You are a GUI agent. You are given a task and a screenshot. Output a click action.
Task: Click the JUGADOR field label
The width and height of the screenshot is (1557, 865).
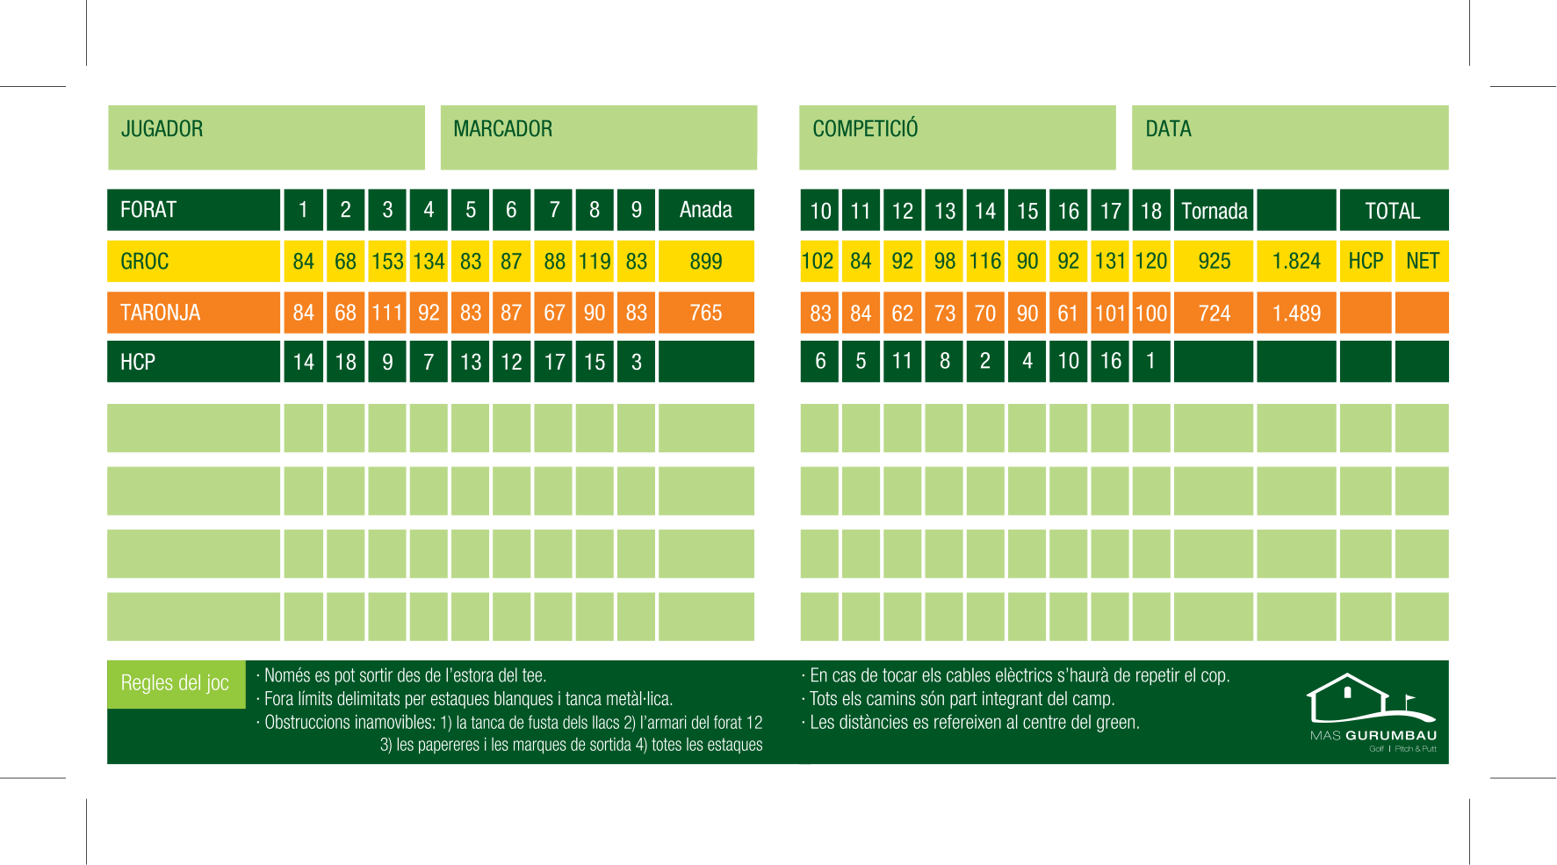(x=162, y=129)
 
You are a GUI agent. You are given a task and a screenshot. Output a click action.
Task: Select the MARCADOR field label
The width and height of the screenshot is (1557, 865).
(x=502, y=129)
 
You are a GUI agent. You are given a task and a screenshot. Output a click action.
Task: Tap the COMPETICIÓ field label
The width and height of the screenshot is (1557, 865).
(x=865, y=129)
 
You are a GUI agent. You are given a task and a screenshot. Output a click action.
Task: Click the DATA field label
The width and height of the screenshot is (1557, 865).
(x=1168, y=129)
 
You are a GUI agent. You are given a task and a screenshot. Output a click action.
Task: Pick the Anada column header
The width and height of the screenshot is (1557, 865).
(x=706, y=210)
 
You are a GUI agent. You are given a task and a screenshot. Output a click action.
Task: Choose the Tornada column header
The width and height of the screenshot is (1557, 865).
(x=1215, y=211)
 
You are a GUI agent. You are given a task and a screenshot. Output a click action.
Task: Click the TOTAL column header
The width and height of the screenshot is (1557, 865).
(x=1393, y=211)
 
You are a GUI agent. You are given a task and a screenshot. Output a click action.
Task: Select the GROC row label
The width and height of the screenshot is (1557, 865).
(x=145, y=262)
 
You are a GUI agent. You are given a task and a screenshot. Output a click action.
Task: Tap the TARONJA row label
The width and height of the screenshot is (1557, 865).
(x=161, y=313)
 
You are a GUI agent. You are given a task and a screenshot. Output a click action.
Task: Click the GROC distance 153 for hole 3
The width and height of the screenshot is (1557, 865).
(x=387, y=262)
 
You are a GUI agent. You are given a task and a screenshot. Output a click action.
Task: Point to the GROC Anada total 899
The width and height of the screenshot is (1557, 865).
(x=706, y=262)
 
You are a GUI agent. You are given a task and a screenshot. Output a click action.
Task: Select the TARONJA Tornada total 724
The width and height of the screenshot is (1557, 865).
(x=1215, y=314)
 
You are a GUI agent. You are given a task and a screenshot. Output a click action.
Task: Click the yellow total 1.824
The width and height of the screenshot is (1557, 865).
(x=1296, y=262)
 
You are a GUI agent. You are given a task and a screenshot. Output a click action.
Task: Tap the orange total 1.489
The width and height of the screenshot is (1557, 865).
(x=1296, y=314)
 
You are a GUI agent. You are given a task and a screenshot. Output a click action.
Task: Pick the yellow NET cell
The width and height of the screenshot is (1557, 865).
(x=1423, y=262)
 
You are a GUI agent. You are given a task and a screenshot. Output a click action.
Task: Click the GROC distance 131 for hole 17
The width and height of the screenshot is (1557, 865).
(x=1110, y=262)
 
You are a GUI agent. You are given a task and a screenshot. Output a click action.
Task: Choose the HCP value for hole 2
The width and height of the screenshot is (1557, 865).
(x=346, y=362)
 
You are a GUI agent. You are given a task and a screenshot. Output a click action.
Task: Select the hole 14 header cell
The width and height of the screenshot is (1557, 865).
(x=985, y=211)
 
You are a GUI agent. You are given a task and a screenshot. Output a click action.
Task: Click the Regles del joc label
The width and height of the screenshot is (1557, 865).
(x=175, y=683)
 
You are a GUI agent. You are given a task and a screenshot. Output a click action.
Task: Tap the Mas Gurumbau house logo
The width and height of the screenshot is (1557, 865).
(x=1372, y=700)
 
